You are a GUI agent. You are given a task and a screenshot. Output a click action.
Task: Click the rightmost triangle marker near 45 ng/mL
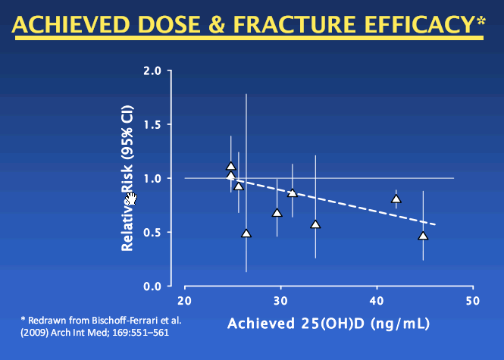[x=423, y=236]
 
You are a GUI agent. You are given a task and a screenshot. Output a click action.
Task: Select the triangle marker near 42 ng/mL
[x=396, y=199]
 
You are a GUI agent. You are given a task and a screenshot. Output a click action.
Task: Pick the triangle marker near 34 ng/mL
[x=315, y=224]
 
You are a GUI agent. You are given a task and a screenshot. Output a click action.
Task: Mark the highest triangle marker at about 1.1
[x=231, y=167]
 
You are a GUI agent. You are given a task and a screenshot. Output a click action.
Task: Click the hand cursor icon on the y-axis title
[x=131, y=199]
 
